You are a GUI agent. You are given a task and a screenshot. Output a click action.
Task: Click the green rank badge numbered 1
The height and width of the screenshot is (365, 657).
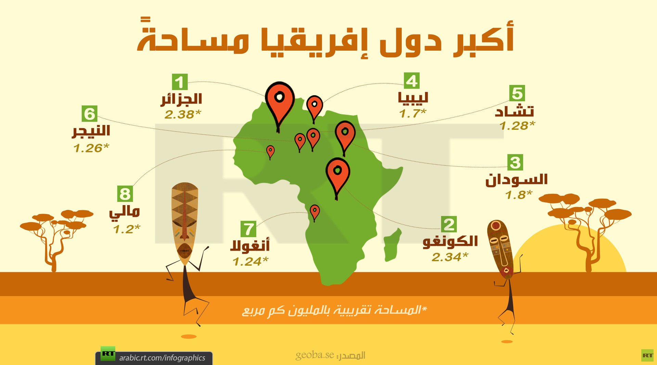180,82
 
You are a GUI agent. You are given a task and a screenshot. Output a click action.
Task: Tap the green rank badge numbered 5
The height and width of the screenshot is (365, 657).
517,93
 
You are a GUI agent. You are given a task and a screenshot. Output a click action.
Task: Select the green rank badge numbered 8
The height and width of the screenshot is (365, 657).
125,194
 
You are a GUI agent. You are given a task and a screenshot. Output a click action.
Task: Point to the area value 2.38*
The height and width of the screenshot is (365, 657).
182,114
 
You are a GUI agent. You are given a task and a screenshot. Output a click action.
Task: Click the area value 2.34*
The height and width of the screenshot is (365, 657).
450,257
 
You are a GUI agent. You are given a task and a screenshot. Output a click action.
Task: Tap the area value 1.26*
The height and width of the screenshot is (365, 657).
91,148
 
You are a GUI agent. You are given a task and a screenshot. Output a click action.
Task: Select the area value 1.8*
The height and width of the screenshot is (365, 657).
519,195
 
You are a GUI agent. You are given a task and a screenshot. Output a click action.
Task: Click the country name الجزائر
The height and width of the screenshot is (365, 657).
182,99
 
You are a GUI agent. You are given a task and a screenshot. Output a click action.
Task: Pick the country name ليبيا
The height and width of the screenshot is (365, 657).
413,98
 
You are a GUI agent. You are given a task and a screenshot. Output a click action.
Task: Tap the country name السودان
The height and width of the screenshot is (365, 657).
516,180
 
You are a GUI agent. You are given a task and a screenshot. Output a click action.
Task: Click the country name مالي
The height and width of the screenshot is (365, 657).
125,212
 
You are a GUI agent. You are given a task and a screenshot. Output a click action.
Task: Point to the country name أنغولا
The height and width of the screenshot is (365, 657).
250,246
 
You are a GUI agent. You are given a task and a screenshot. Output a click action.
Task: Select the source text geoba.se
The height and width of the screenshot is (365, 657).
314,355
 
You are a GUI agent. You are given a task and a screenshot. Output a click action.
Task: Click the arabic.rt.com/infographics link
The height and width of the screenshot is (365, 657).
162,358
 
